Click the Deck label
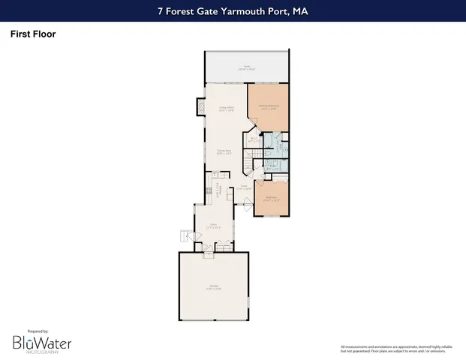pyautogui.click(x=245, y=67)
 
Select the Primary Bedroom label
pyautogui.click(x=268, y=106)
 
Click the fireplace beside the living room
pyautogui.click(x=200, y=107)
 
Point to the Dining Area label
pyautogui.click(x=224, y=153)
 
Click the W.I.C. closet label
pyautogui.click(x=254, y=139)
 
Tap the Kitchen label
pyautogui.click(x=218, y=189)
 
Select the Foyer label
pyautogui.click(x=244, y=189)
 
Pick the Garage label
pyautogui.click(x=213, y=287)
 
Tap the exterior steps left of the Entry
pyautogui.click(x=185, y=237)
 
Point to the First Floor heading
pyautogui.click(x=33, y=34)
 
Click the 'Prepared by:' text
pyautogui.click(x=38, y=331)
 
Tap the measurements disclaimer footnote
pyautogui.click(x=398, y=348)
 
